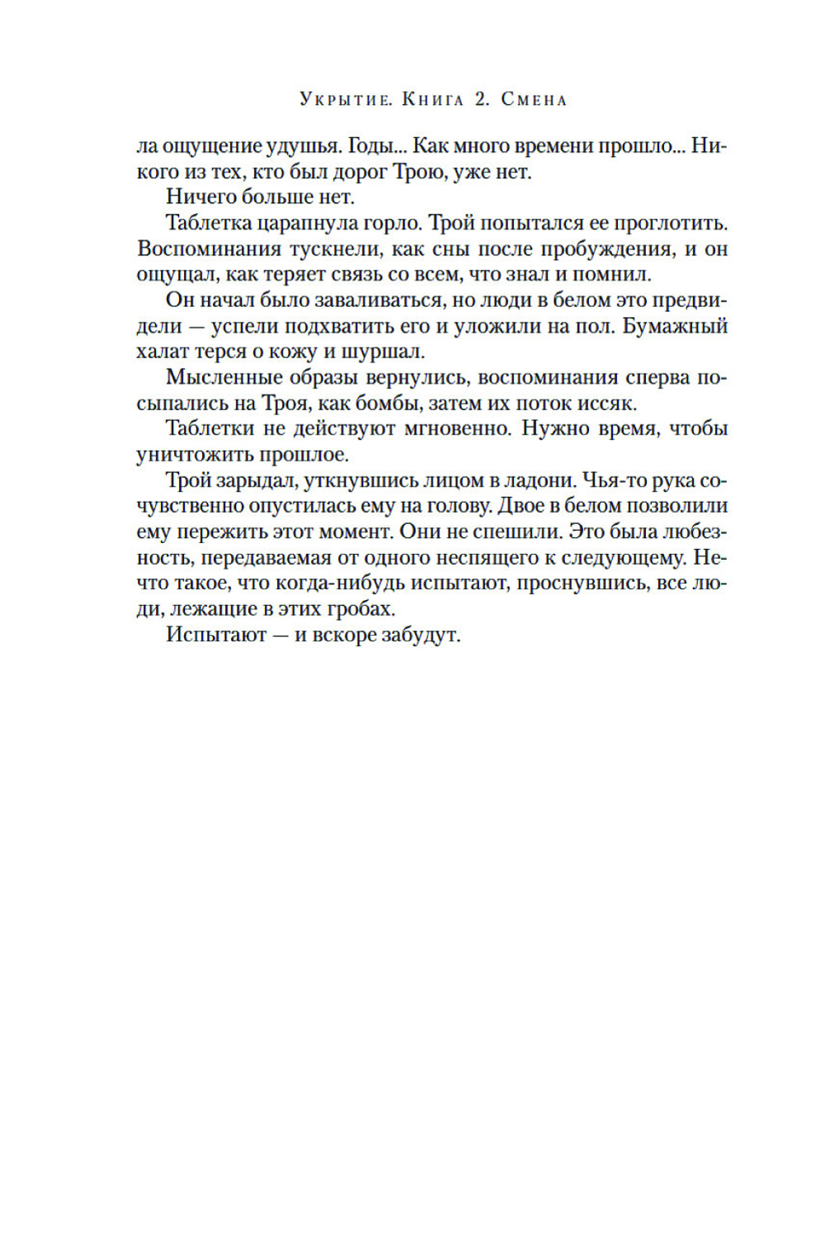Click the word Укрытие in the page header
(x=346, y=100)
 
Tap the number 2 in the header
(x=482, y=100)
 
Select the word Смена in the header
(x=534, y=100)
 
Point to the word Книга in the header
(x=433, y=100)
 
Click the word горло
(x=393, y=223)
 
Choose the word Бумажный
(x=674, y=326)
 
